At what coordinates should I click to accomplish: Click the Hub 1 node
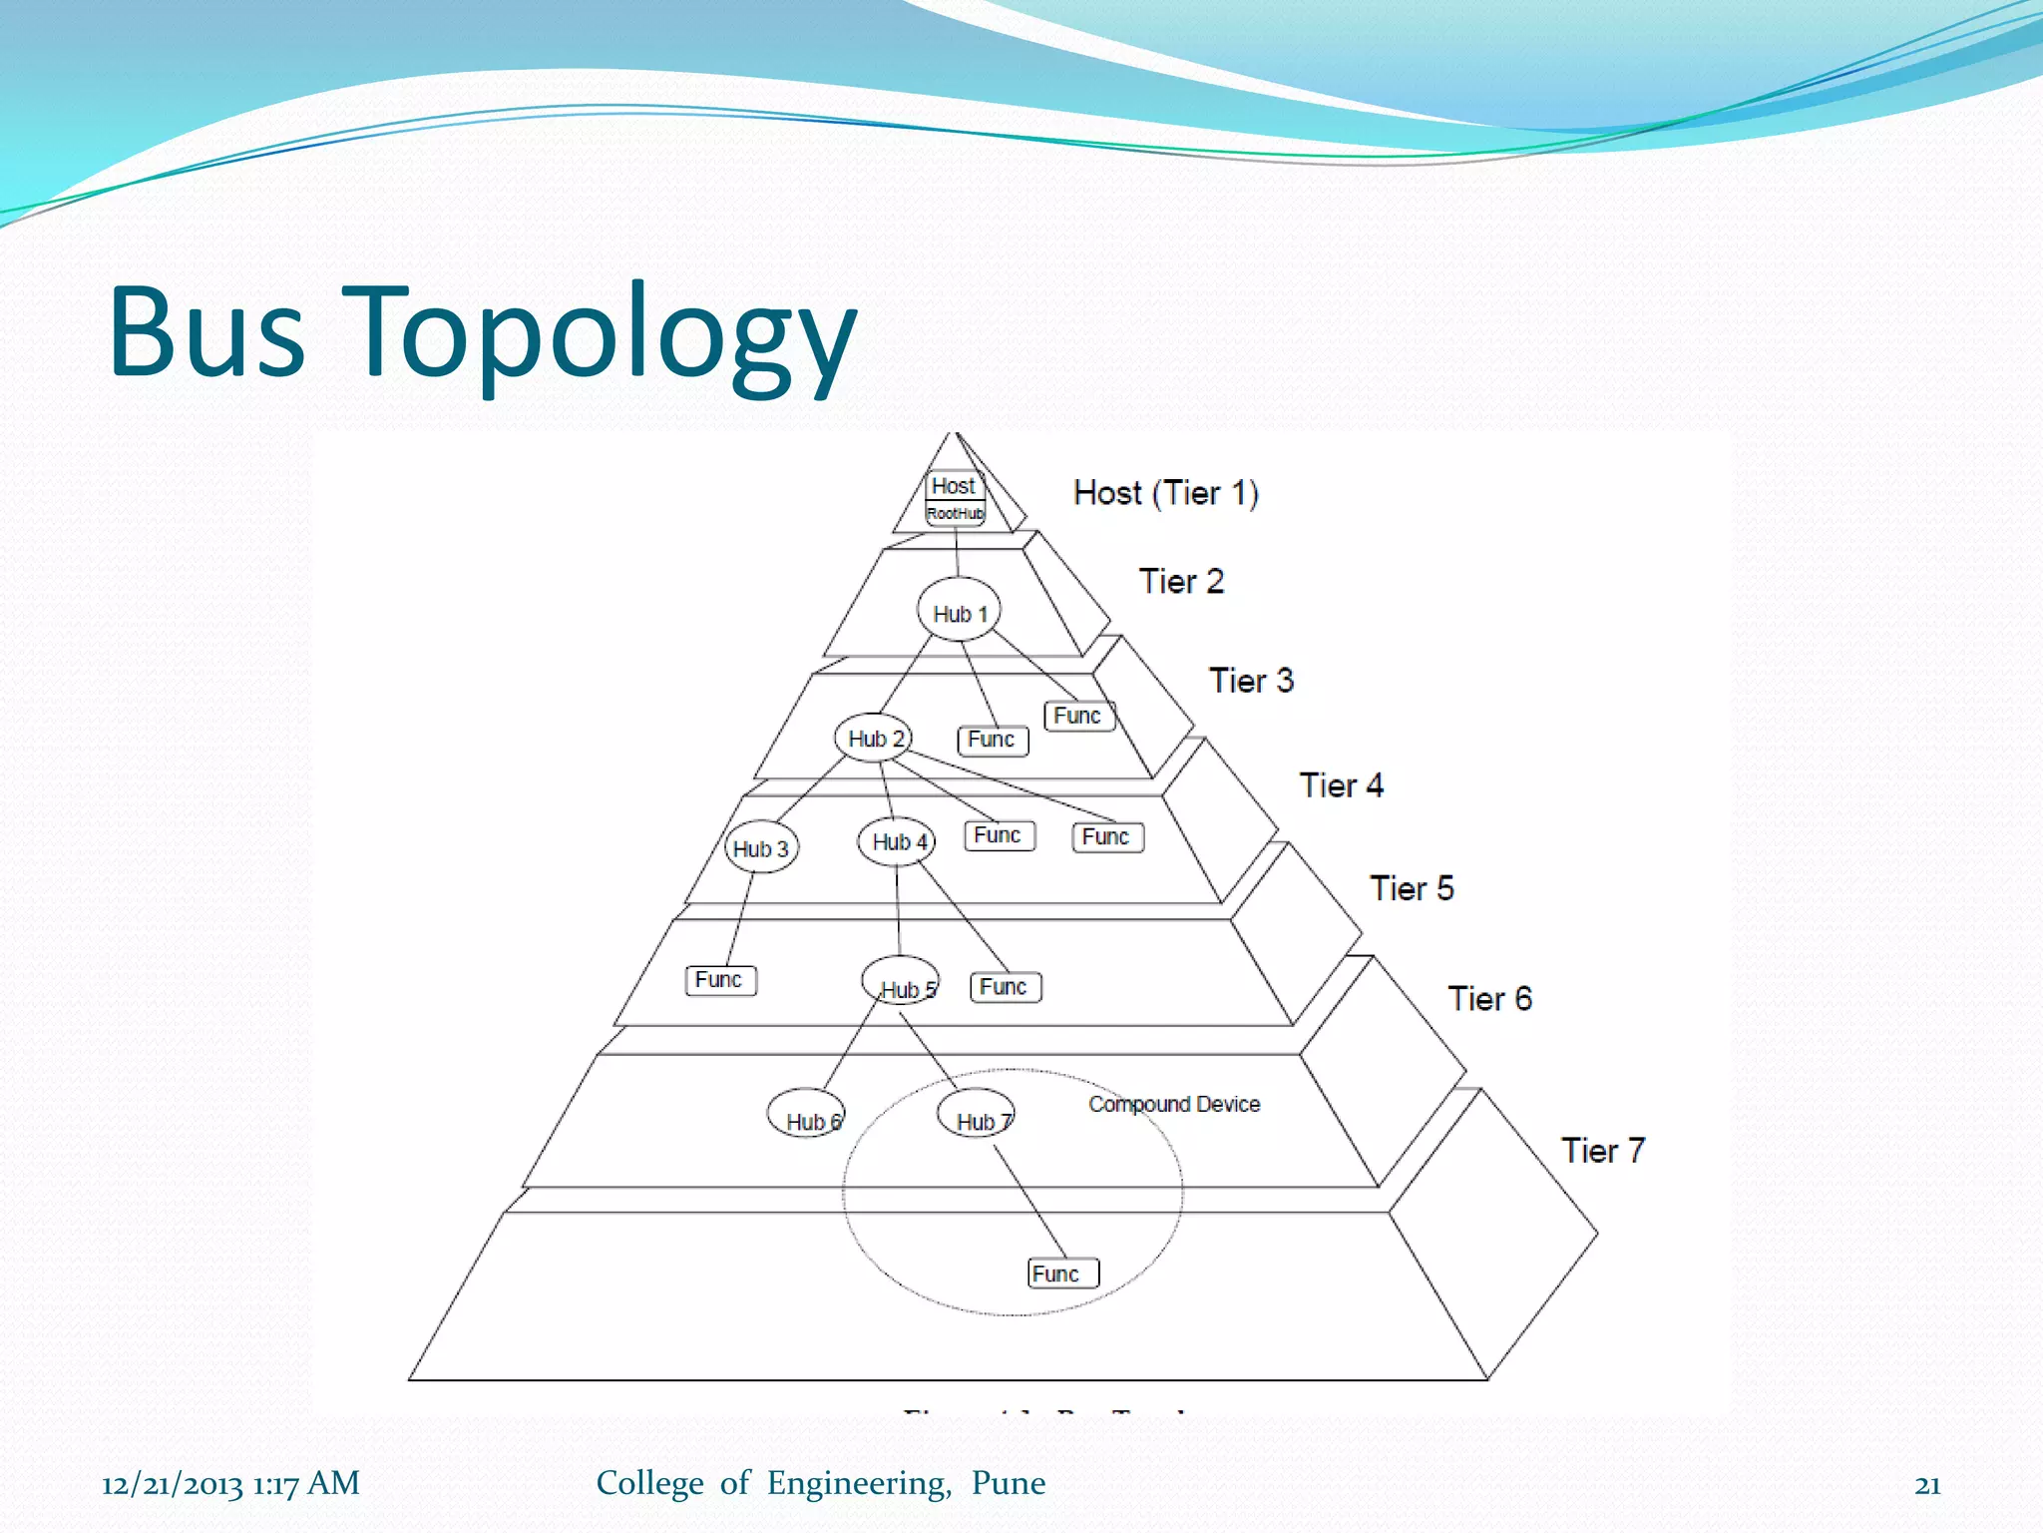pyautogui.click(x=959, y=612)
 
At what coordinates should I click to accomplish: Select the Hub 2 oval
pyautogui.click(x=874, y=739)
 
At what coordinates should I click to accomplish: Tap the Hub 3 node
pyautogui.click(x=761, y=847)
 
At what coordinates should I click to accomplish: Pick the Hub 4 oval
pyautogui.click(x=897, y=841)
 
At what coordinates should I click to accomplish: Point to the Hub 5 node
pyautogui.click(x=901, y=982)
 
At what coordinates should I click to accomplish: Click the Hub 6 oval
pyautogui.click(x=806, y=1114)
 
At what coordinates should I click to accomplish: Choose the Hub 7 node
pyautogui.click(x=977, y=1115)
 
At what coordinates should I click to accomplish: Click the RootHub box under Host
pyautogui.click(x=955, y=513)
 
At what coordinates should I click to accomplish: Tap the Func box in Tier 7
pyautogui.click(x=1062, y=1274)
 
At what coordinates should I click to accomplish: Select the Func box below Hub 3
pyautogui.click(x=720, y=980)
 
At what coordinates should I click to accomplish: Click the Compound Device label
pyautogui.click(x=1174, y=1104)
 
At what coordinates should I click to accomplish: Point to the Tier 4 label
pyautogui.click(x=1341, y=785)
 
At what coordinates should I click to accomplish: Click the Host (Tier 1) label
pyautogui.click(x=1165, y=493)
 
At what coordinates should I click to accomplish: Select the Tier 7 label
pyautogui.click(x=1602, y=1151)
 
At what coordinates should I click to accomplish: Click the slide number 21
pyautogui.click(x=1927, y=1485)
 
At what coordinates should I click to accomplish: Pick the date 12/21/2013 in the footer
pyautogui.click(x=172, y=1484)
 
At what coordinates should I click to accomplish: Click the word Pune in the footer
pyautogui.click(x=1009, y=1483)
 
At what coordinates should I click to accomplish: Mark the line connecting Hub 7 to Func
pyautogui.click(x=1030, y=1202)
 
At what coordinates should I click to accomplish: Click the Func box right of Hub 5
pyautogui.click(x=1006, y=987)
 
